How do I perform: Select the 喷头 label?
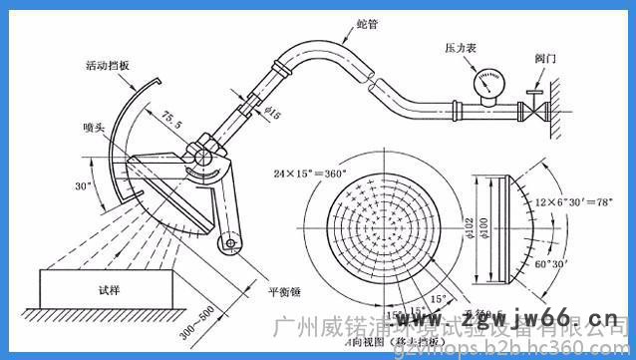tap(96, 128)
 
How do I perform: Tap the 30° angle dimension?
tap(83, 185)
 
